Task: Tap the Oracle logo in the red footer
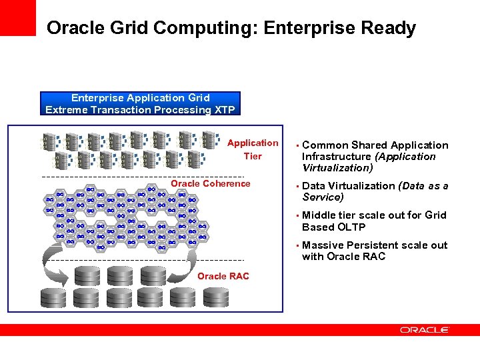[425, 330]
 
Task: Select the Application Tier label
[253, 149]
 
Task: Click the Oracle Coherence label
[211, 184]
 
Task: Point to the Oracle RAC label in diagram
[223, 276]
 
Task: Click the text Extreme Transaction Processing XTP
[140, 109]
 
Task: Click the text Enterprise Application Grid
[140, 98]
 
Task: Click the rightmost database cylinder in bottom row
[215, 297]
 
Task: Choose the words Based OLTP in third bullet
[334, 227]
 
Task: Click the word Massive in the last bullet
[323, 245]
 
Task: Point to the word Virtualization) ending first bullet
[337, 168]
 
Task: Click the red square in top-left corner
[18, 17]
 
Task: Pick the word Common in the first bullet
[325, 145]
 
